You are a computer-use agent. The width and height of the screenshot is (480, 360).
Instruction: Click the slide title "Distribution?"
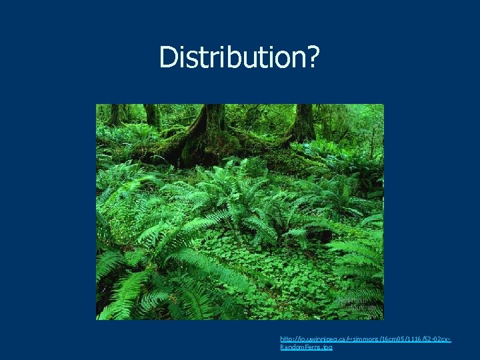click(239, 58)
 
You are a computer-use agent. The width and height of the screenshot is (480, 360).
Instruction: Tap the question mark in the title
click(312, 58)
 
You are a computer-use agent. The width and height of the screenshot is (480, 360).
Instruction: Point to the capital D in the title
click(167, 58)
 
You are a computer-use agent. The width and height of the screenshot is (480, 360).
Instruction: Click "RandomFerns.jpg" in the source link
click(306, 347)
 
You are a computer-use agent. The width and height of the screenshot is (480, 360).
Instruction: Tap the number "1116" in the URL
click(412, 340)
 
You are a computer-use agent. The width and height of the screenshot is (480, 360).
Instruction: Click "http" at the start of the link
click(287, 340)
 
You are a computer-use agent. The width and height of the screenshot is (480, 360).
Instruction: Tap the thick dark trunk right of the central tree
click(304, 123)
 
